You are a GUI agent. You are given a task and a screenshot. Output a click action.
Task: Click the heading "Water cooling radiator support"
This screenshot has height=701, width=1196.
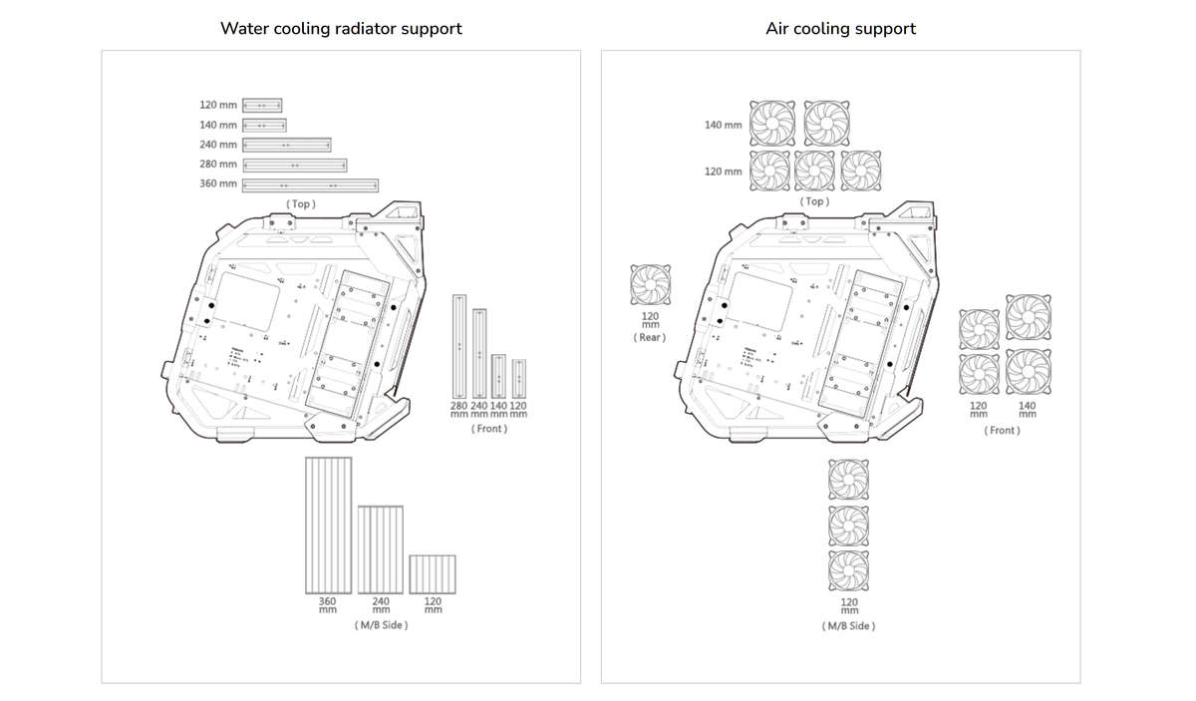[x=341, y=28]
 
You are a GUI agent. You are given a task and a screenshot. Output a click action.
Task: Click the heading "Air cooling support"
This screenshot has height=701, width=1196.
[x=840, y=28]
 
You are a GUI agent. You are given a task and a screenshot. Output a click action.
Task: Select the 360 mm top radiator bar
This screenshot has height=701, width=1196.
[x=311, y=184]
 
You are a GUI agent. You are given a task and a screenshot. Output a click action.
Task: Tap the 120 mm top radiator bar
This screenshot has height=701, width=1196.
[x=263, y=105]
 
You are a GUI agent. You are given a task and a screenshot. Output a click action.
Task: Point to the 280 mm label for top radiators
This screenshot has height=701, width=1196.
[x=218, y=165]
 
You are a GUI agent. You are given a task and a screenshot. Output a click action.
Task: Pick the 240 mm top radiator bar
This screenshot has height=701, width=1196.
[x=287, y=145]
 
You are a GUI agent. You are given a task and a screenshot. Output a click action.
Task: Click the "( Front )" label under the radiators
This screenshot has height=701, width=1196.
[x=488, y=429]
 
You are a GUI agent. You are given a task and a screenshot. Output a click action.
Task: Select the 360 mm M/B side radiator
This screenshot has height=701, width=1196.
[x=328, y=525]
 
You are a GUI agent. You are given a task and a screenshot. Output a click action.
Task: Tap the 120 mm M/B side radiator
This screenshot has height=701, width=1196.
[x=433, y=574]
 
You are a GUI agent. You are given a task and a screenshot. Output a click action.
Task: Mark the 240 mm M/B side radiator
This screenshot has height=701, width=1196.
[x=381, y=549]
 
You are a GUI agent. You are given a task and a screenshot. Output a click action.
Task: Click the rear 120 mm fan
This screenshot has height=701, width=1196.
[x=651, y=285]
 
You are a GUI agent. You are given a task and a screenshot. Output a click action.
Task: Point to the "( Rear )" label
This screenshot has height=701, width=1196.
[x=650, y=337]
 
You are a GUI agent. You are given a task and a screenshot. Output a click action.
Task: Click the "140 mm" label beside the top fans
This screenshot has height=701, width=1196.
[x=724, y=125]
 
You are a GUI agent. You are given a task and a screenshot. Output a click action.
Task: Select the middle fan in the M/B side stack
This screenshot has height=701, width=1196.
[x=848, y=525]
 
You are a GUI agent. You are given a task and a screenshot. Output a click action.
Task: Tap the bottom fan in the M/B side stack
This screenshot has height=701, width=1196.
[x=848, y=570]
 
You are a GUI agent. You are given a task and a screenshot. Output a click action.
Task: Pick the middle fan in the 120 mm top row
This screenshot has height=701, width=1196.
[x=815, y=171]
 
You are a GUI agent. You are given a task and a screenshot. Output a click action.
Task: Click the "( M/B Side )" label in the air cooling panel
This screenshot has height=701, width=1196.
[x=849, y=626]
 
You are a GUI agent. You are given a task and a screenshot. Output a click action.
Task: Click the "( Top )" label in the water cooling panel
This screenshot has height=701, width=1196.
[x=301, y=203]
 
